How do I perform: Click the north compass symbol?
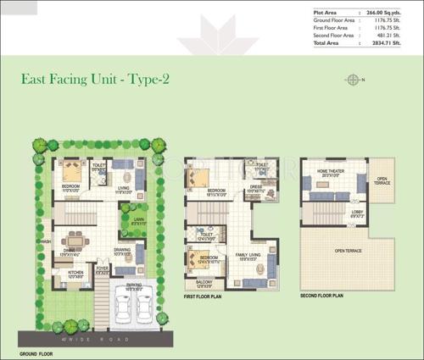click(352, 80)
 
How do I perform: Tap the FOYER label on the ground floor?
click(103, 268)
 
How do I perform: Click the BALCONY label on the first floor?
click(204, 280)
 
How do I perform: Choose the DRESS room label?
click(256, 188)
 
